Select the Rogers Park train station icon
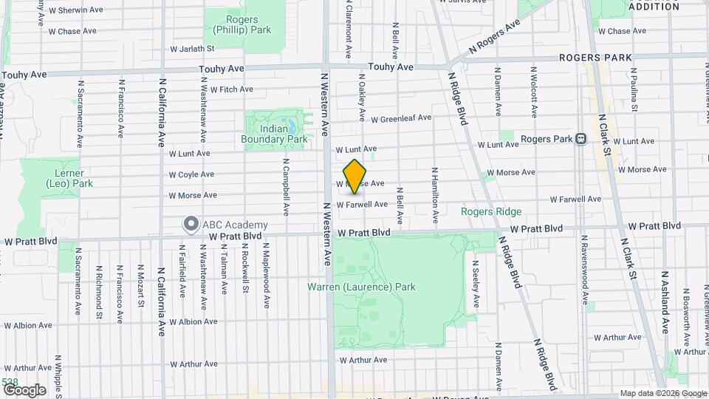(581, 138)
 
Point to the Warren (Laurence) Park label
(371, 287)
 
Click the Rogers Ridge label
(491, 211)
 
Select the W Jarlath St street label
(191, 49)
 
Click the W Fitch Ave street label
(231, 89)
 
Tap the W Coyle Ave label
(191, 175)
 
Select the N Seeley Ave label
(476, 283)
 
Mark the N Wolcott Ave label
(532, 92)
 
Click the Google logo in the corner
(24, 389)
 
